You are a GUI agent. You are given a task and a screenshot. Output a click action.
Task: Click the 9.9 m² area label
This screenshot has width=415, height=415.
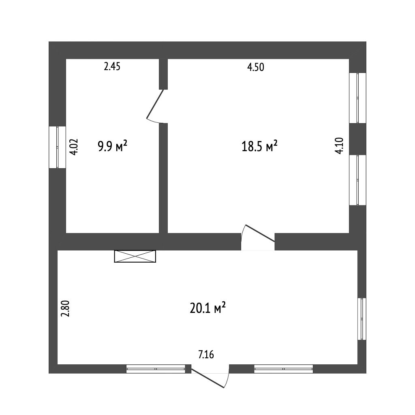click(x=113, y=146)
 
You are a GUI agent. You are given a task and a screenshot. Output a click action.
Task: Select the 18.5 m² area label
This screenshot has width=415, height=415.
click(x=259, y=146)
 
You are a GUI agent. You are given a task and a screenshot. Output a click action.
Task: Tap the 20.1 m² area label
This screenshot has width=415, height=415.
click(x=207, y=308)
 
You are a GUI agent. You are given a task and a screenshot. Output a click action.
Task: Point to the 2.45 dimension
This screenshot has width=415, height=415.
click(x=112, y=66)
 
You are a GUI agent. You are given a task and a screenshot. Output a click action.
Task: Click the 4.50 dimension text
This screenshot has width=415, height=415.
click(x=256, y=67)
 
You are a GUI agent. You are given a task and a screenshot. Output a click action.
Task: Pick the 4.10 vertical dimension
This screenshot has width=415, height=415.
click(x=339, y=145)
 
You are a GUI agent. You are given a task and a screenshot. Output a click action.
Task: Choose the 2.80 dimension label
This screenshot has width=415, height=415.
click(x=65, y=308)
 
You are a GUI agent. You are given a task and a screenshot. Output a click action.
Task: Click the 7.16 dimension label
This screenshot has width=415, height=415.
click(x=206, y=354)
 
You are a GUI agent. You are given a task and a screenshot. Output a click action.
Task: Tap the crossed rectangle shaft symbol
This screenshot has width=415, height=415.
click(x=135, y=256)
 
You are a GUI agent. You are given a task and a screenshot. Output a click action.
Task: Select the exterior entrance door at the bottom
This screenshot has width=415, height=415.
click(x=210, y=376)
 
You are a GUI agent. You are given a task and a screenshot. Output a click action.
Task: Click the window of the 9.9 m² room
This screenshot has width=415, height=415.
click(x=57, y=147)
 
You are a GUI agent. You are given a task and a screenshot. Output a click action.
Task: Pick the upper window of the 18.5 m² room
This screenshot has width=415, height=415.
click(x=357, y=98)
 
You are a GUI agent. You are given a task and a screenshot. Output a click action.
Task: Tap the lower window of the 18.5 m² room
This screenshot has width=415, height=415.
click(x=357, y=180)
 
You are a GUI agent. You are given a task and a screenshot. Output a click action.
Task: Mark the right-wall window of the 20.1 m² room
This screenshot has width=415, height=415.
click(x=362, y=319)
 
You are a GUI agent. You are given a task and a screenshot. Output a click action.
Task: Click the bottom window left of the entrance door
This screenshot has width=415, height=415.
click(x=156, y=369)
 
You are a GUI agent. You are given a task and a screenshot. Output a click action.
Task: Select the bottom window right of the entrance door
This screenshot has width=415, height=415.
click(x=283, y=369)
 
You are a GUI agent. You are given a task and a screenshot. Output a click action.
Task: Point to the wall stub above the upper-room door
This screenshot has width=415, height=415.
click(x=163, y=74)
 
